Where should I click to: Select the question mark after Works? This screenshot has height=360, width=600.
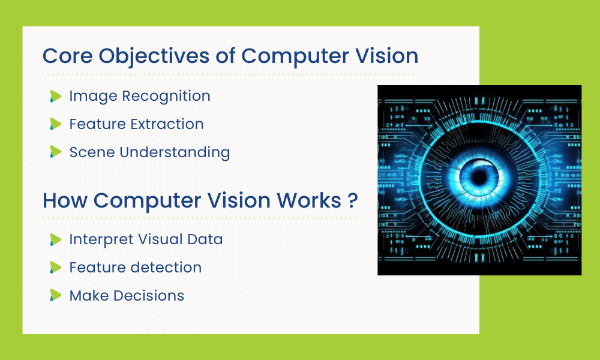(x=353, y=200)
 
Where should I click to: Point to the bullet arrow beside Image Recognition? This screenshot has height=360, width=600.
(x=56, y=96)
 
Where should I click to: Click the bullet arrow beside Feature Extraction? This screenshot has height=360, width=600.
(x=56, y=124)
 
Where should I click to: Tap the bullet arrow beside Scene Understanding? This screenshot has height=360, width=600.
(x=56, y=152)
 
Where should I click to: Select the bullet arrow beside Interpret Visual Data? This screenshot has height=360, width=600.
(x=56, y=239)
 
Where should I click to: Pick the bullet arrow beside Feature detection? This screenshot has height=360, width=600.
(x=56, y=267)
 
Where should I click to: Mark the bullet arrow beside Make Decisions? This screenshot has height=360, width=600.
(x=56, y=295)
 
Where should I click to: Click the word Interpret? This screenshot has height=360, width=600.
(x=96, y=239)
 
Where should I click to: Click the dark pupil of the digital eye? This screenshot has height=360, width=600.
(x=478, y=178)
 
